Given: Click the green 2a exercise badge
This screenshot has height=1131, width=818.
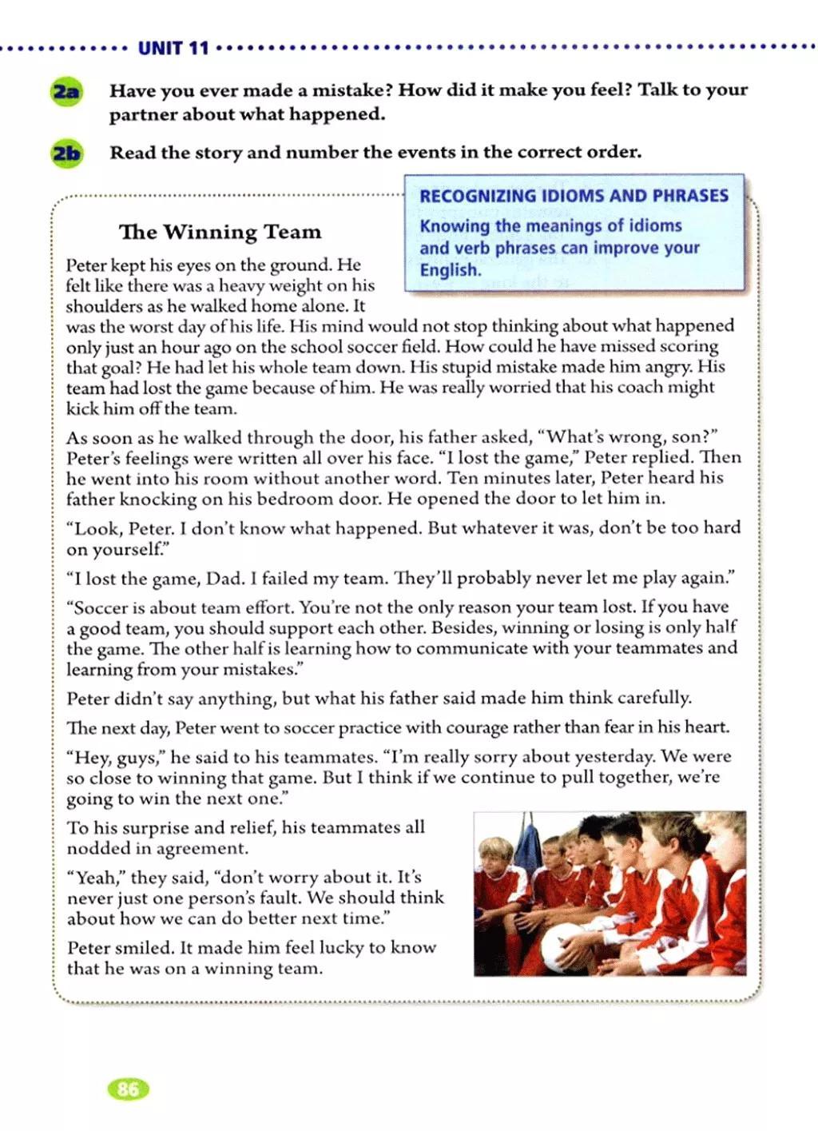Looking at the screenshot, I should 66,91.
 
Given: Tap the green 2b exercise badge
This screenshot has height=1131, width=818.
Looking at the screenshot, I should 66,152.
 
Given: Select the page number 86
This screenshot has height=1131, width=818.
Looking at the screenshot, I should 128,1089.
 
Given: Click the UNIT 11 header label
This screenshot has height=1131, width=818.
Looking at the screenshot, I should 173,48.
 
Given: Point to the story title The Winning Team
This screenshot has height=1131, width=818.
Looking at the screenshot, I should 220,232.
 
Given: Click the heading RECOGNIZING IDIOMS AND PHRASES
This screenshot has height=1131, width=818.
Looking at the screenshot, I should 574,196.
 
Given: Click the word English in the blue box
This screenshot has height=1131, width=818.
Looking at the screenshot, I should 451,270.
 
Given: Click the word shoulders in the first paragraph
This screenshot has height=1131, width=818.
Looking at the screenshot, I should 104,306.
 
